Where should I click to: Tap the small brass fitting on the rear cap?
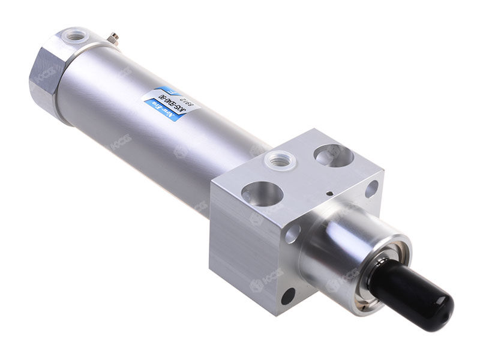(x=112, y=39)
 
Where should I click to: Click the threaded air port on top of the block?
(x=279, y=160)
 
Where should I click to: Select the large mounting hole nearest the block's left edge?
(x=262, y=193)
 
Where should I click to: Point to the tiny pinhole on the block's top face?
(x=329, y=193)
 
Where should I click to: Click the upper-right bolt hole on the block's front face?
(x=371, y=188)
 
